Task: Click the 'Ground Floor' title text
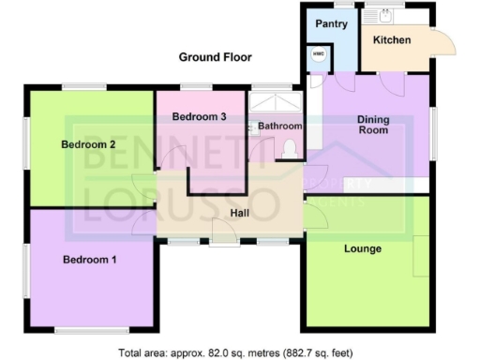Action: point(215,57)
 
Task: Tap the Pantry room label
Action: point(331,23)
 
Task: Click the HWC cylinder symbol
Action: point(318,54)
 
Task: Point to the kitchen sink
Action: point(384,14)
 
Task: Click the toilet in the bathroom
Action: point(290,147)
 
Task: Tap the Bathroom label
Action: point(279,126)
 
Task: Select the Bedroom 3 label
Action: point(199,116)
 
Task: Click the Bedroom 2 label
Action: point(88,144)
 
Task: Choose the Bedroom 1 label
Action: point(89,259)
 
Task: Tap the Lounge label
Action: point(362,248)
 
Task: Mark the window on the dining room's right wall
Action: point(433,131)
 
